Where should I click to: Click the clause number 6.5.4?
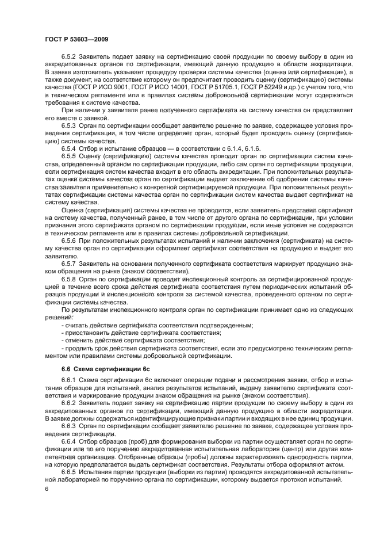70,147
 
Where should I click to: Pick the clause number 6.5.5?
70,155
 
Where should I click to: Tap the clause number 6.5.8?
70,278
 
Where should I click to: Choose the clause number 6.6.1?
70,381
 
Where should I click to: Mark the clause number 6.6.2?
70,404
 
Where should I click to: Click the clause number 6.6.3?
70,427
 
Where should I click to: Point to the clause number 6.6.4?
70,442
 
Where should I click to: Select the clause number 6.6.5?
70,473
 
